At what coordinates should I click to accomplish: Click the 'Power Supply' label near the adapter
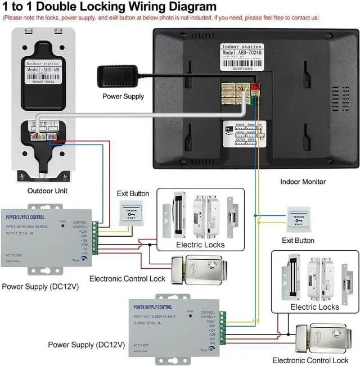pos(123,96)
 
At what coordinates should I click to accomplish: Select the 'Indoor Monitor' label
pos(303,182)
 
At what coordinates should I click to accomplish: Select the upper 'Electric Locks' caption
pos(200,245)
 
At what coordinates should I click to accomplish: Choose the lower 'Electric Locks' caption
pos(314,307)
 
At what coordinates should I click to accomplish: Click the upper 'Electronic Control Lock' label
pos(127,278)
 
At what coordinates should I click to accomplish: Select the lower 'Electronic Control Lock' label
pos(310,360)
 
